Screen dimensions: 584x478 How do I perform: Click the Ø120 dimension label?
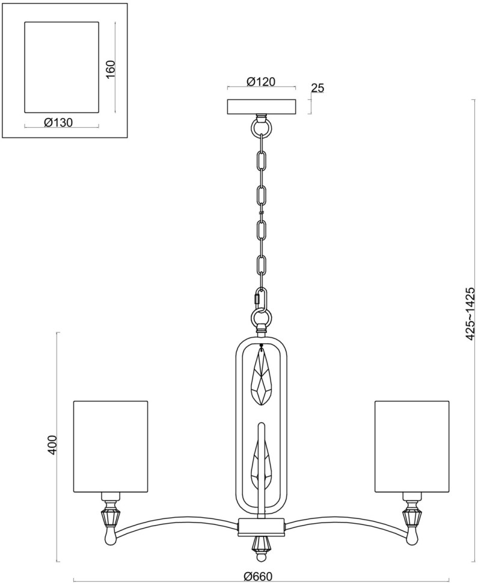click(x=261, y=81)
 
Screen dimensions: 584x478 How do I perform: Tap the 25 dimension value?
click(x=317, y=88)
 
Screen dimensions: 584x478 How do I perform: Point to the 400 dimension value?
click(x=52, y=444)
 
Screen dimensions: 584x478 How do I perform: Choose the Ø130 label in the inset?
click(x=58, y=122)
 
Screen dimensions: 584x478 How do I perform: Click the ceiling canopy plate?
click(x=261, y=107)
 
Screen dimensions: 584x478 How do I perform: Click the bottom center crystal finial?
click(x=260, y=545)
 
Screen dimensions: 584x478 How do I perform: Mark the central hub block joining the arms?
click(x=261, y=526)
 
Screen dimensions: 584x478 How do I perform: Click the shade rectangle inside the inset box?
click(x=61, y=67)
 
